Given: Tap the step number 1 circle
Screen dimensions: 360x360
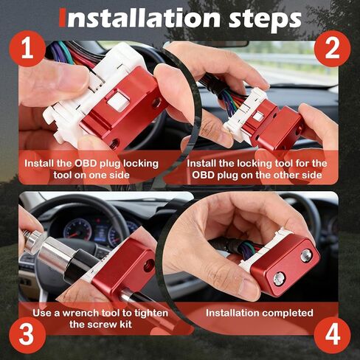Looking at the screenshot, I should tap(27, 49).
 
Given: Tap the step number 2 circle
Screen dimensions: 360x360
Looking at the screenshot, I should tap(332, 49).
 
